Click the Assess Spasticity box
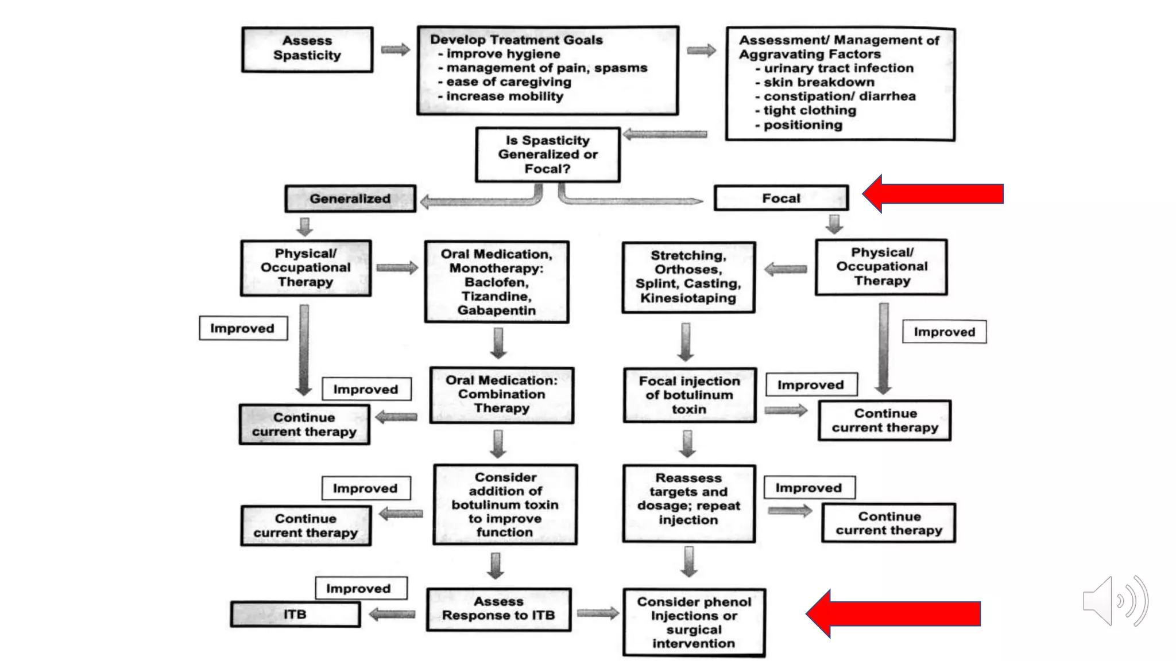click(307, 49)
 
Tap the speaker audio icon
click(1114, 601)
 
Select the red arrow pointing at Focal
click(933, 194)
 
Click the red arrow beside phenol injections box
click(893, 613)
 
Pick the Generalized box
click(350, 199)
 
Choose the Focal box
click(781, 198)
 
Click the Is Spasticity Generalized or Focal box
click(548, 154)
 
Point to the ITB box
click(295, 615)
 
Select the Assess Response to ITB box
click(498, 609)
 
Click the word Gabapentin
click(497, 310)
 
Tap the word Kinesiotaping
click(688, 298)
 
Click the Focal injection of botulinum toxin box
click(689, 395)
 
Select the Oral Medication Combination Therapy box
click(501, 395)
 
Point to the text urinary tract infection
click(838, 68)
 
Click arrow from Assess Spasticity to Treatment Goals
click(395, 49)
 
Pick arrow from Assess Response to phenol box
click(597, 613)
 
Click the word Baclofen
click(497, 282)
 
